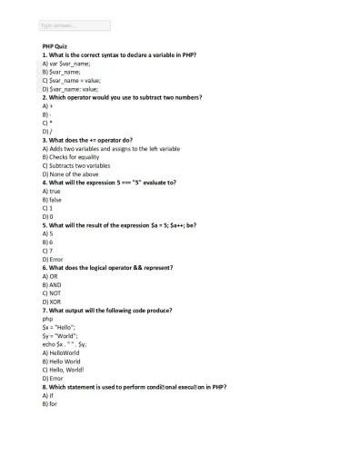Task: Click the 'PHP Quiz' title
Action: coord(55,45)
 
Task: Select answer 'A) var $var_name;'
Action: coord(66,64)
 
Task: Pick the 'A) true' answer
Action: coord(51,192)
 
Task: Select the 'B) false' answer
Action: coord(52,200)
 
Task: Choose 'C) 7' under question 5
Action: coord(47,251)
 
